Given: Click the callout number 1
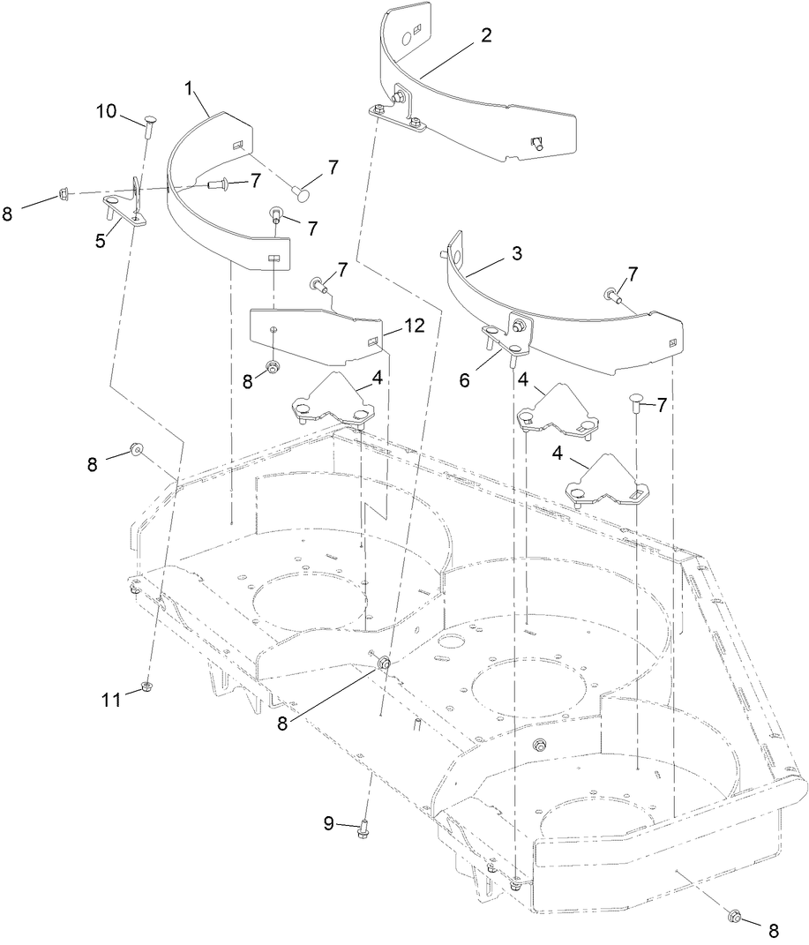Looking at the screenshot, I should click(188, 88).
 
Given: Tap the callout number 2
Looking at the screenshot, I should click(486, 36).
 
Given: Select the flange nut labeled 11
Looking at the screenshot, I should click(146, 688).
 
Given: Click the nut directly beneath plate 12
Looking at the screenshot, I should click(273, 365).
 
